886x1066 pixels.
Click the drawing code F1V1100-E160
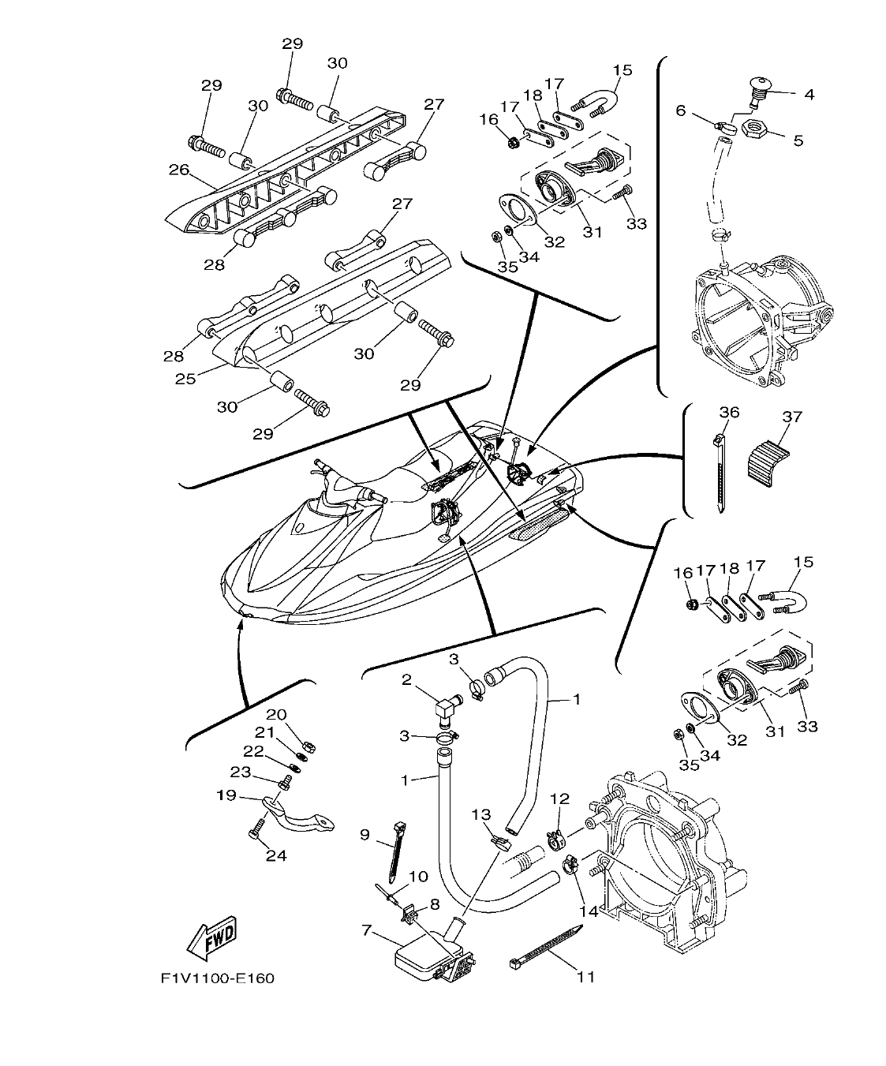[x=218, y=979]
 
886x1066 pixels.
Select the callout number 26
[x=179, y=169]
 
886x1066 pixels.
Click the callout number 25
[x=185, y=379]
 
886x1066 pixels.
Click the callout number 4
[x=809, y=95]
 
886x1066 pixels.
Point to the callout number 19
[x=226, y=795]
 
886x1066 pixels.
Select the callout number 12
[x=559, y=799]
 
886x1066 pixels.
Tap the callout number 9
[x=364, y=834]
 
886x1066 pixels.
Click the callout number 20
[x=275, y=715]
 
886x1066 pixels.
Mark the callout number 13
[x=482, y=814]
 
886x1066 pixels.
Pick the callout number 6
[x=681, y=111]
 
